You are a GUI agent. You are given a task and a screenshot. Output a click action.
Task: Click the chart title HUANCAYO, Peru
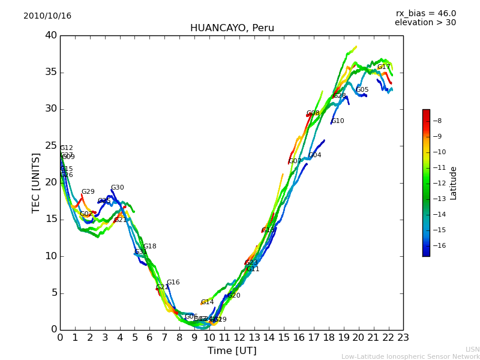pos(232,28)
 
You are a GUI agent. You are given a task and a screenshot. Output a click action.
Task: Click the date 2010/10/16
pos(47,16)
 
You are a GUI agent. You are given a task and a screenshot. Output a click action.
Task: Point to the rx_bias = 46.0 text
pos(426,13)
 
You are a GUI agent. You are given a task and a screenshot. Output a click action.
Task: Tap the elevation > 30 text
pos(425,23)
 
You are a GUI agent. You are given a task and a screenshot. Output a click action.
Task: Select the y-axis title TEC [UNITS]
pos(36,182)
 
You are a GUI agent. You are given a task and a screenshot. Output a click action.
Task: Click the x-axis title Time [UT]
pos(232,351)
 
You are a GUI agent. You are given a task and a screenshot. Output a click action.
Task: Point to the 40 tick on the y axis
pos(50,35)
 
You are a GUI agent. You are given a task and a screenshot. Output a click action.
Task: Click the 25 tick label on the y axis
pos(50,146)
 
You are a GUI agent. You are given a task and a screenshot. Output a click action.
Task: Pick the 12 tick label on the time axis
pos(239,338)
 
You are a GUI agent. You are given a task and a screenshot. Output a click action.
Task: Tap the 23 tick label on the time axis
pos(403,338)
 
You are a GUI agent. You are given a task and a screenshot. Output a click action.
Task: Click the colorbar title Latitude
pos(454,183)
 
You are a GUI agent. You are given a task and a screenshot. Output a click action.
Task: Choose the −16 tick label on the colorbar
pos(439,245)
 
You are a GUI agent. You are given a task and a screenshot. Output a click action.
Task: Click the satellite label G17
pos(383,67)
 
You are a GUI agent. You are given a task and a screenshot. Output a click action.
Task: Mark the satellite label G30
pos(117,188)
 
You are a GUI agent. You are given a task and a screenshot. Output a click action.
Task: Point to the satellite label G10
pos(338,121)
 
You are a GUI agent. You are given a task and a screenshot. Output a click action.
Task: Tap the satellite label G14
pos(207,302)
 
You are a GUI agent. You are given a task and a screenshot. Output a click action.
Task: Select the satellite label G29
pos(88,192)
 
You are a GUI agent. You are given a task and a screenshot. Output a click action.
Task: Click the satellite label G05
pos(362,90)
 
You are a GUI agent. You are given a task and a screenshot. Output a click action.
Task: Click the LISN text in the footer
pos(472,349)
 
